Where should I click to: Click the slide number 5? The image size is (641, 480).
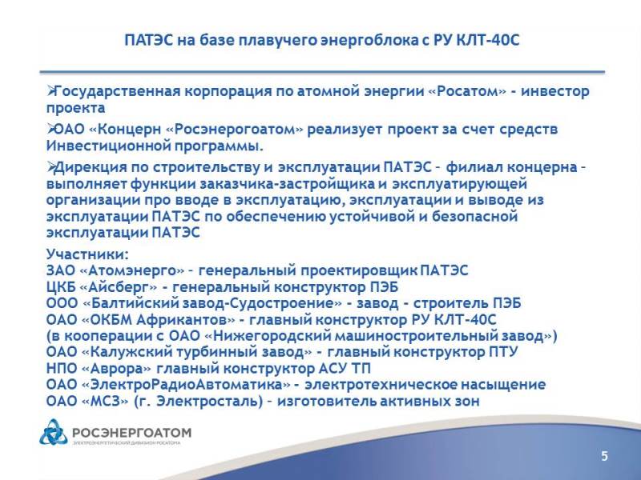pos(604,456)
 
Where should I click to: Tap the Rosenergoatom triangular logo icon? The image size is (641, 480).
pos(54,432)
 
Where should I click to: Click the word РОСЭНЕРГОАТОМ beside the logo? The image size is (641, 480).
pos(131,432)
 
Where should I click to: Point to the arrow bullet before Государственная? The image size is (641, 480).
pos(50,90)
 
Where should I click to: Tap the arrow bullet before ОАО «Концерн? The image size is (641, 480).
pos(50,129)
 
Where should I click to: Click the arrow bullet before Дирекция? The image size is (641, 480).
pos(50,166)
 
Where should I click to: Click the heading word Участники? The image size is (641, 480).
pos(87,254)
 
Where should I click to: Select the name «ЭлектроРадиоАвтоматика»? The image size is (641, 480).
pos(187,385)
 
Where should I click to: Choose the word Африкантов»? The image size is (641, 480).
pos(186,319)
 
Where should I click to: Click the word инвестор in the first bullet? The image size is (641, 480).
pos(555,91)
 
